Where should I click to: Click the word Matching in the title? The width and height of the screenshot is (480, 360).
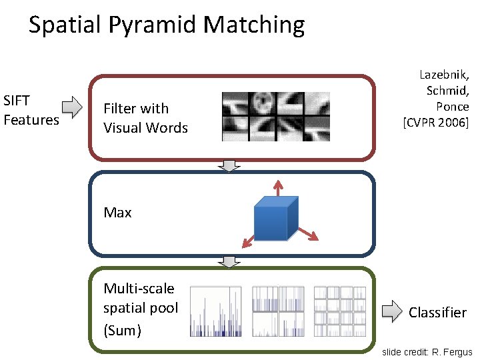coord(254,26)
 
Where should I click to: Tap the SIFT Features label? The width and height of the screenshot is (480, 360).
coord(31,111)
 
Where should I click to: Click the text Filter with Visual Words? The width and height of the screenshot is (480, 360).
coord(145,118)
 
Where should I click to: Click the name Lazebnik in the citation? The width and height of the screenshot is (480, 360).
coord(444,75)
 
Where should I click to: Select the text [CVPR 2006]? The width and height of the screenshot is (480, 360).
coord(435,122)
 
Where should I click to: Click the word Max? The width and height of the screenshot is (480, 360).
coord(117,213)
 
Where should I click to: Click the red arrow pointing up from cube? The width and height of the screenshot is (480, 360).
coord(275,187)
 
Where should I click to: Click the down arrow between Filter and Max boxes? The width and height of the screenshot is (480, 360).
coord(230,166)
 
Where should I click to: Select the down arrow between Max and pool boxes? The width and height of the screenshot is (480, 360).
coord(230,262)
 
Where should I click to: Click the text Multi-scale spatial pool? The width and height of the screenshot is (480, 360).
coord(140,298)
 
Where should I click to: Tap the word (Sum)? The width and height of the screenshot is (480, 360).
coord(122,330)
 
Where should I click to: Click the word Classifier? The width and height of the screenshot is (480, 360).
coord(437,313)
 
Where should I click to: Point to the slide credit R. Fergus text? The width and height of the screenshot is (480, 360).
coord(427,351)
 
